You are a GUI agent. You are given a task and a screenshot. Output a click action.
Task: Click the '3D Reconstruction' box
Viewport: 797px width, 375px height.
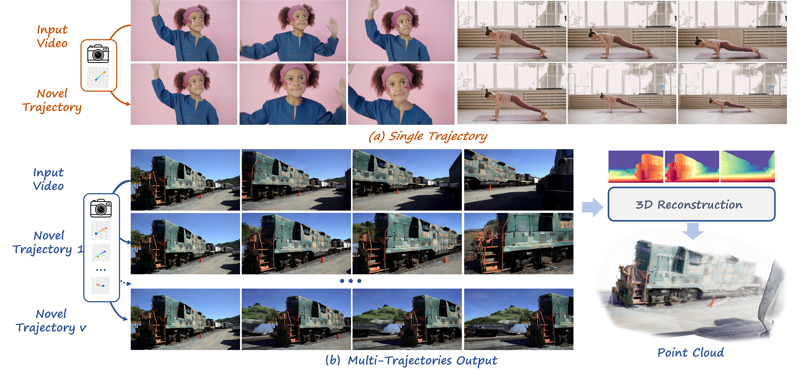[x=691, y=204]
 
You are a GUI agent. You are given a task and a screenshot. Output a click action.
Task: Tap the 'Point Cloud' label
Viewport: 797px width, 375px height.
[x=690, y=353]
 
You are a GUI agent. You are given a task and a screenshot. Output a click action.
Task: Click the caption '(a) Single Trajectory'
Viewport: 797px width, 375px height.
[x=428, y=136]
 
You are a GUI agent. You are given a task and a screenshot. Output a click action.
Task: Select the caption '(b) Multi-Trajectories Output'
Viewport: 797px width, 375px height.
[x=411, y=361]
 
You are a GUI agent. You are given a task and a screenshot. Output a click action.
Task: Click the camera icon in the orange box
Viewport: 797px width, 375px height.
[x=98, y=54]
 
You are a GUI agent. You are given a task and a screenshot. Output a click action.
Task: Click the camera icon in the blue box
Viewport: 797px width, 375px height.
[x=101, y=208]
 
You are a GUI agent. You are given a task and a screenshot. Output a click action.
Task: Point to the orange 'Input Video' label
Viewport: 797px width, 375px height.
[x=52, y=36]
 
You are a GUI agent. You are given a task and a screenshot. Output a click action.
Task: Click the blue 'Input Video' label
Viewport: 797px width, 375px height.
[x=49, y=179]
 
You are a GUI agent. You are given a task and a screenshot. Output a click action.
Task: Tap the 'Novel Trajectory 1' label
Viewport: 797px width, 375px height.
[x=48, y=242]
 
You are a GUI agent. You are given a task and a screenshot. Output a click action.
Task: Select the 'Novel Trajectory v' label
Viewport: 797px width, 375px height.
[x=51, y=321]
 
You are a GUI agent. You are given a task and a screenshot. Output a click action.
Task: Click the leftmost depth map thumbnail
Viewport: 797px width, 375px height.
[x=635, y=166]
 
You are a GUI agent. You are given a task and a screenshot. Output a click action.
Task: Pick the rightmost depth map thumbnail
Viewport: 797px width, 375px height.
[x=748, y=166]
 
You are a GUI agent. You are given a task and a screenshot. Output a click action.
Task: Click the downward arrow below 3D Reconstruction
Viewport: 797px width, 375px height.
[x=692, y=231]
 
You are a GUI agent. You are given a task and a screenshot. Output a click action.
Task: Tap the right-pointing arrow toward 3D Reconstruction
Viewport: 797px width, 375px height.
[x=592, y=207]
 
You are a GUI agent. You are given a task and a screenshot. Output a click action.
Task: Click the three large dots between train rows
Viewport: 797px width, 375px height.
[x=350, y=281]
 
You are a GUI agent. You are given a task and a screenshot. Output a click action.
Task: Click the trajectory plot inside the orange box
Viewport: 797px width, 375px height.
[x=98, y=77]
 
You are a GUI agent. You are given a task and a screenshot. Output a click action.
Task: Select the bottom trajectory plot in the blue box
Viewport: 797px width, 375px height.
[x=100, y=285]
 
